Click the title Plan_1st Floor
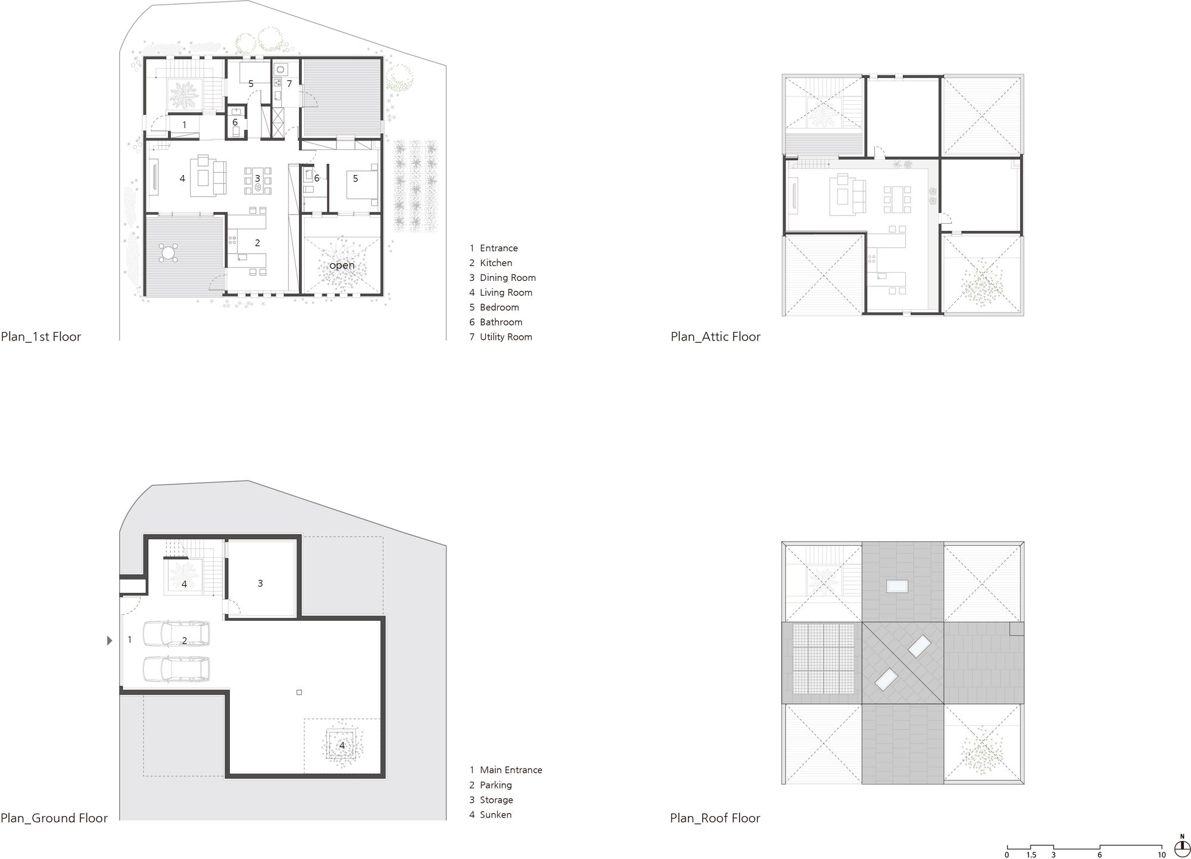pos(41,336)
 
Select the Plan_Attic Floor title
pos(715,336)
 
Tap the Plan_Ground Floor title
pos(54,818)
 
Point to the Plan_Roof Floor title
pos(715,818)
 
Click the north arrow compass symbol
pos(1181,846)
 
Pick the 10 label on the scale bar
pos(1162,855)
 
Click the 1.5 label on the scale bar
pos(1031,855)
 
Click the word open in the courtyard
pos(342,265)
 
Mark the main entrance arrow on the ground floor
pos(109,641)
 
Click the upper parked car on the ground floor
pos(176,634)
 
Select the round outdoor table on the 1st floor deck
pos(169,253)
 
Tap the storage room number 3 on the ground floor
pos(260,583)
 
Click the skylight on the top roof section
pos(897,586)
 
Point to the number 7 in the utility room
pos(289,84)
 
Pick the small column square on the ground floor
pos(299,692)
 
